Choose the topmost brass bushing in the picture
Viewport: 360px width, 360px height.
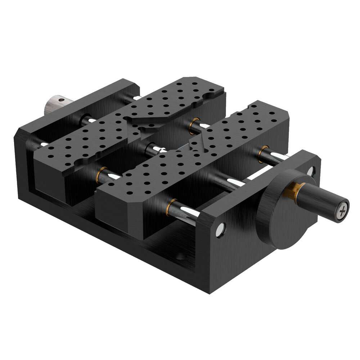pyautogui.click(x=196, y=120)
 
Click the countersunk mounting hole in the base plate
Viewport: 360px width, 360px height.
pyautogui.click(x=180, y=257)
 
